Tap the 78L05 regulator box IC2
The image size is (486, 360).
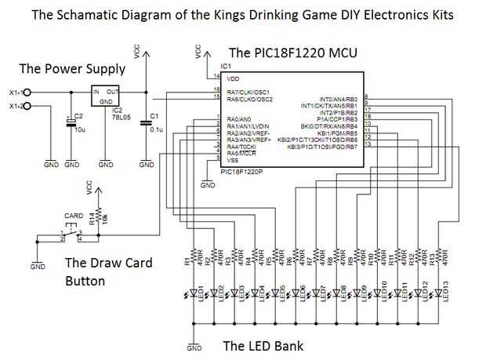click(x=105, y=99)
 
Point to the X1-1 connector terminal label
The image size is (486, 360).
click(x=14, y=92)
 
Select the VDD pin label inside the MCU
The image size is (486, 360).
click(x=233, y=79)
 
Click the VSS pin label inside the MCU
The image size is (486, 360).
click(x=232, y=160)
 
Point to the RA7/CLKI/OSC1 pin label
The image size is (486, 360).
click(x=249, y=93)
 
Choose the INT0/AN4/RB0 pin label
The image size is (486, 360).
click(x=335, y=99)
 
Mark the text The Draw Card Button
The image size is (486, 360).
click(x=107, y=271)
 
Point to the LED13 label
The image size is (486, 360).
click(x=445, y=292)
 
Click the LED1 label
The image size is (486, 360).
click(x=202, y=292)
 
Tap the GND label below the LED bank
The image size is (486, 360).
click(x=194, y=347)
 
